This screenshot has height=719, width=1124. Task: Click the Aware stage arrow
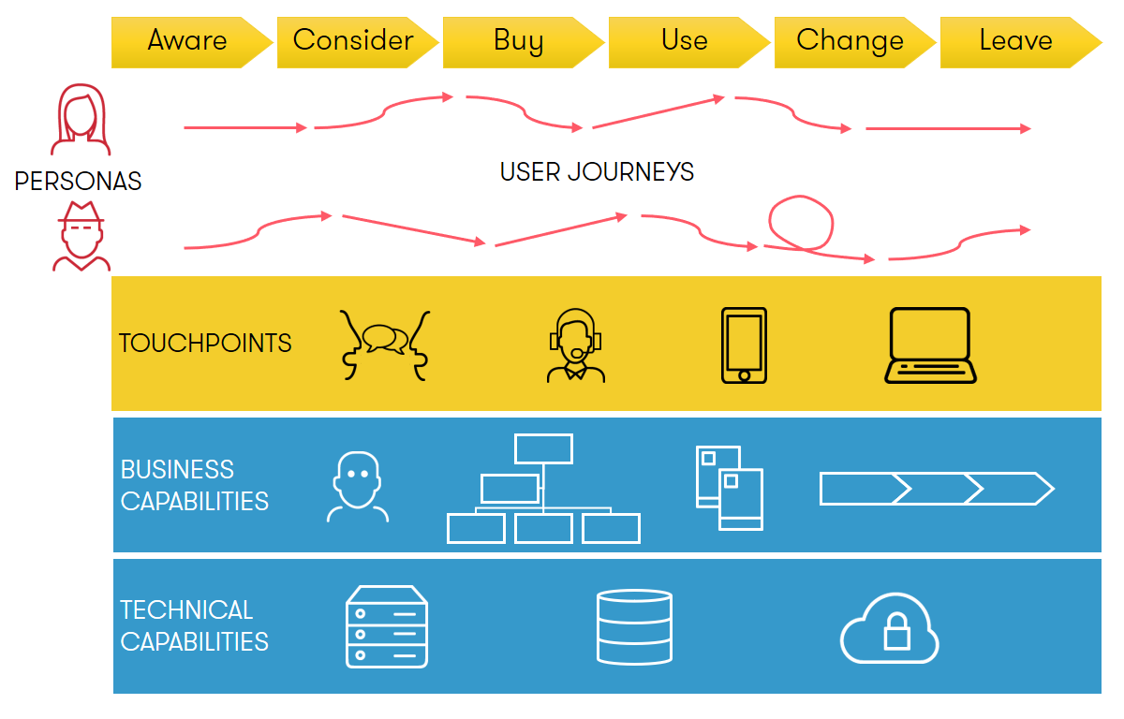coord(192,42)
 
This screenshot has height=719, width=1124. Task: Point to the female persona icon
coord(81,119)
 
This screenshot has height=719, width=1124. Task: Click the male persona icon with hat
coord(81,236)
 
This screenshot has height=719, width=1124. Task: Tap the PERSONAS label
coord(78,181)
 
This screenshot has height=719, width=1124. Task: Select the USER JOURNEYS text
coord(597,172)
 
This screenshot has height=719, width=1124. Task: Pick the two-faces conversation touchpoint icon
coord(385,345)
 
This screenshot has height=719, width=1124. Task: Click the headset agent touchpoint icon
coord(575,345)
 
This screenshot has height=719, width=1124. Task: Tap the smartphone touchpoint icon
coord(744,345)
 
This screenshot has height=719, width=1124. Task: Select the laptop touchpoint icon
coord(930,345)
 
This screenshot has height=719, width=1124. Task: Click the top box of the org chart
coord(543,448)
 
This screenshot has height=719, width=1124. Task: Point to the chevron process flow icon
coord(937,489)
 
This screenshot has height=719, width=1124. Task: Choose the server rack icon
coord(387,626)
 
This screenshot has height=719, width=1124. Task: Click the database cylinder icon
coord(634,626)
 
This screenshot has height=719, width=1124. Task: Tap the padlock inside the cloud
coord(896,632)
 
